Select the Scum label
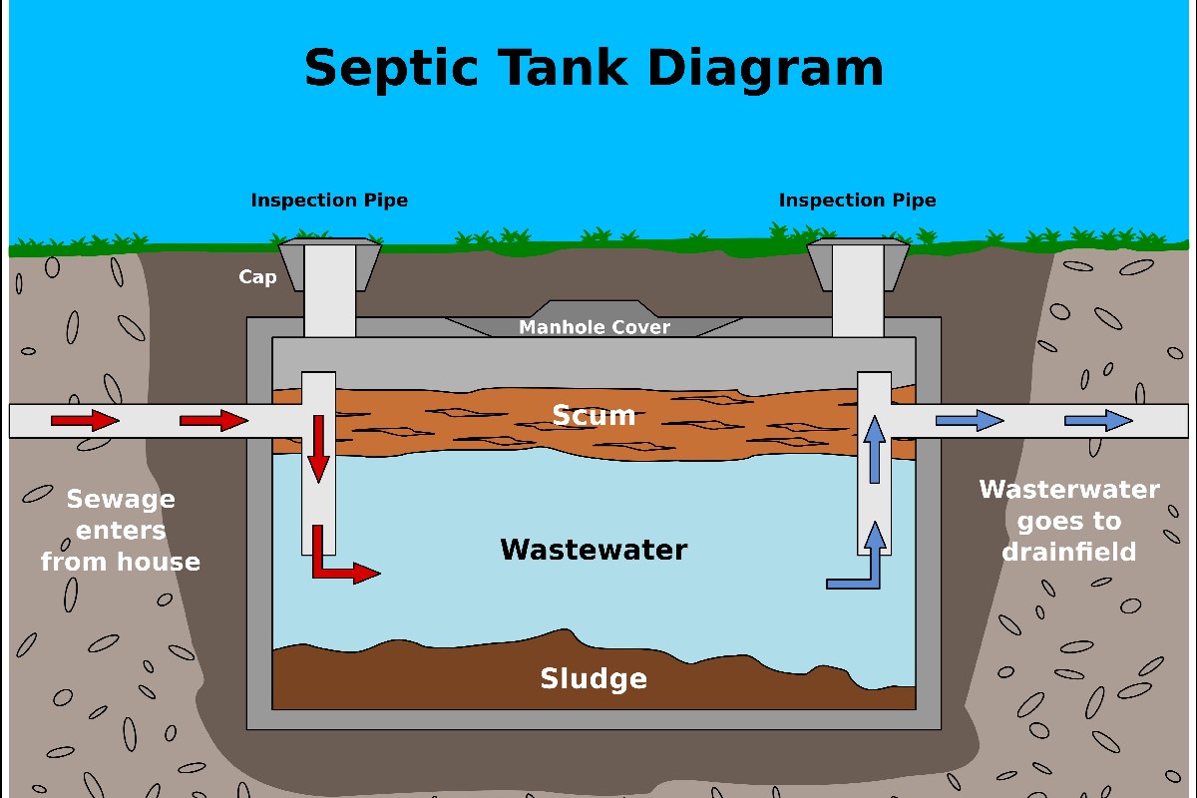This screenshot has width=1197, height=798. (594, 415)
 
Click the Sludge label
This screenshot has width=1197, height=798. (594, 679)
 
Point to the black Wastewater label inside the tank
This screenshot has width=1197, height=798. (594, 550)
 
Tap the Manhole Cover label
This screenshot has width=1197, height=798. (595, 327)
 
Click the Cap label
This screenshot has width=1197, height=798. (257, 277)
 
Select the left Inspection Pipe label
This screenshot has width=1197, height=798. (329, 200)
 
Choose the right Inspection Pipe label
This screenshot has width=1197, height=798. (857, 200)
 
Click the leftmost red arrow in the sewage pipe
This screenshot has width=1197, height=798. (85, 420)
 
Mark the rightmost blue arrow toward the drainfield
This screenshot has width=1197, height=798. (1098, 420)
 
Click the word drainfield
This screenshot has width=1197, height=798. (1069, 552)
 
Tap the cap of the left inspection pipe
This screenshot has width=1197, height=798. (329, 261)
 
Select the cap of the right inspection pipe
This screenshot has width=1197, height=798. (858, 261)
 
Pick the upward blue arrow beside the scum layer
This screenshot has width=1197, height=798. (874, 449)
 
